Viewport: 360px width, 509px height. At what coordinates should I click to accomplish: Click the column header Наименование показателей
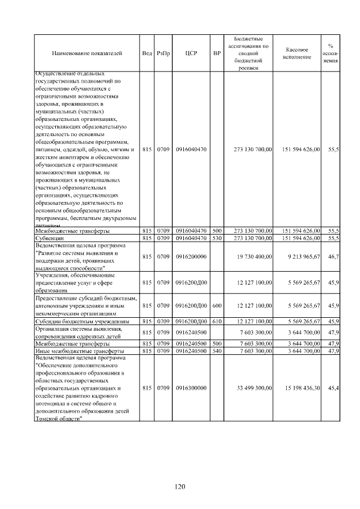(87, 53)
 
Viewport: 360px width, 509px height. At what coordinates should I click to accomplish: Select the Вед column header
(147, 53)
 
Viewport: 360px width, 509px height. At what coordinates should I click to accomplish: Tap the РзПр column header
(163, 53)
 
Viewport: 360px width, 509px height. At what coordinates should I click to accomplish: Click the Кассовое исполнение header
(298, 53)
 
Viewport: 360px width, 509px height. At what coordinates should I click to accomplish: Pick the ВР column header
(217, 53)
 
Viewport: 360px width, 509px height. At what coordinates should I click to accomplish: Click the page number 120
(179, 487)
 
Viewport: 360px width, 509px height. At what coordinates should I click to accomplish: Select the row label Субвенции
(51, 238)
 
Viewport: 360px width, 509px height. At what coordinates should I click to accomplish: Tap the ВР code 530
(217, 238)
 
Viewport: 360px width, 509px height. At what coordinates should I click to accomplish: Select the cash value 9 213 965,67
(301, 256)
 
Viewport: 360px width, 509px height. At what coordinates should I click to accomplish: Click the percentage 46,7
(333, 256)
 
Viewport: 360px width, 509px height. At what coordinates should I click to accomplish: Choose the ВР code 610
(217, 321)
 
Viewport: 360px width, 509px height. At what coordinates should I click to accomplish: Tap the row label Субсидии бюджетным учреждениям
(83, 321)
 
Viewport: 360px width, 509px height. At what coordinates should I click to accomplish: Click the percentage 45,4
(333, 388)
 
